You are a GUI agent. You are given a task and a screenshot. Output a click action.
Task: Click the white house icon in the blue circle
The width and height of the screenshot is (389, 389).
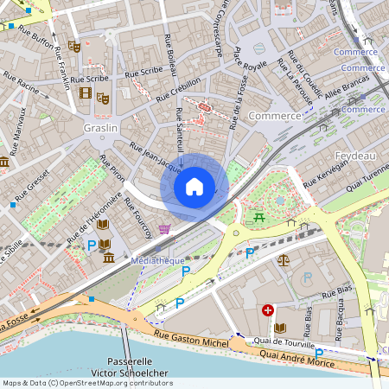click(x=194, y=187)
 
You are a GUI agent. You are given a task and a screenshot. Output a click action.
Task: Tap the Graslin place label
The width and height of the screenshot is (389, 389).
click(x=100, y=127)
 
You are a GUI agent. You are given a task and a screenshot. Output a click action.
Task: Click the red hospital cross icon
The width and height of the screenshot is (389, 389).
click(x=268, y=309)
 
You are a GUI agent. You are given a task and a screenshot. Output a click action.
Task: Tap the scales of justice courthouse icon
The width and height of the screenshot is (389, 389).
click(x=283, y=258)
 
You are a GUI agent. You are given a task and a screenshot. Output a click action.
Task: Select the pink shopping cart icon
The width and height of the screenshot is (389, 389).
click(x=164, y=229)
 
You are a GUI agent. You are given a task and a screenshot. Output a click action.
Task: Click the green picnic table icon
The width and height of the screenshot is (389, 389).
click(x=258, y=217)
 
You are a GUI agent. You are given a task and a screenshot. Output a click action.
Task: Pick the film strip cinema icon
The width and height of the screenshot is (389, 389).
click(x=85, y=92)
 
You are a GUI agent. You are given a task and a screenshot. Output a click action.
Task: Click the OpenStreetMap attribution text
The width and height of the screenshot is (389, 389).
click(x=87, y=382)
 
